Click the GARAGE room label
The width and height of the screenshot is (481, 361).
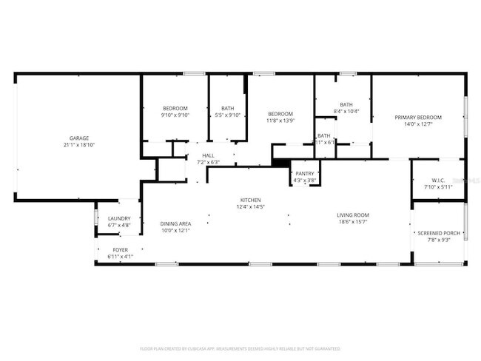79,138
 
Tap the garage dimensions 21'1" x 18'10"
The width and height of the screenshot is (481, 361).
79,145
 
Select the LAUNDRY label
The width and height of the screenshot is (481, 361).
119,218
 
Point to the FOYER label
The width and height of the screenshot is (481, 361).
120,250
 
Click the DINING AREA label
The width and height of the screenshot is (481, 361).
175,223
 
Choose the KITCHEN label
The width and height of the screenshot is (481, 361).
250,200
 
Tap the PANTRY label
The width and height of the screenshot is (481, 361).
305,173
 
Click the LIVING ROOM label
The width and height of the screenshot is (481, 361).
354,215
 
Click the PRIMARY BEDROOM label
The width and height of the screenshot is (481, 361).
418,118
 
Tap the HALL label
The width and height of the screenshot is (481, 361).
208,155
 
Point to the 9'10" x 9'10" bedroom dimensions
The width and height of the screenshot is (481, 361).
175,115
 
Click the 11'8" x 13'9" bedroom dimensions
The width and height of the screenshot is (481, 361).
280,121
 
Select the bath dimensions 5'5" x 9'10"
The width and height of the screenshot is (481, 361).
227,115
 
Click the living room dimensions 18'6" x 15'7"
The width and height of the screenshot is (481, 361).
354,222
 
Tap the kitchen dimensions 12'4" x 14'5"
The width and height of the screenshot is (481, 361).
250,207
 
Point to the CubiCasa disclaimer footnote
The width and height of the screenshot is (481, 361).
240,348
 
